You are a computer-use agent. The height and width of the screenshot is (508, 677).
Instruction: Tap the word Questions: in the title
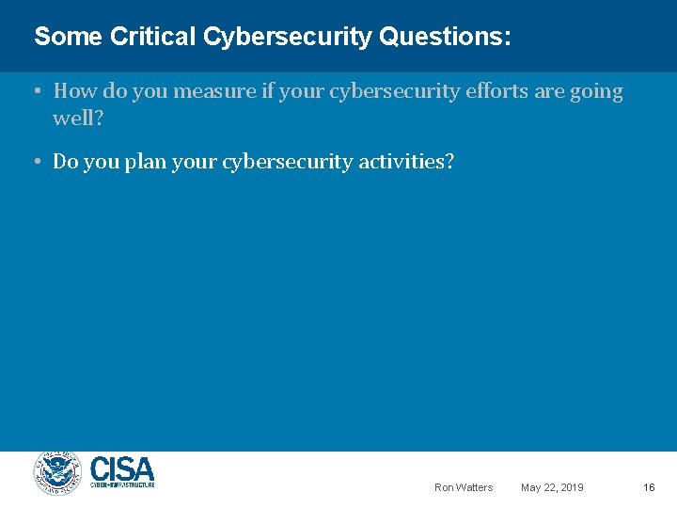point(445,38)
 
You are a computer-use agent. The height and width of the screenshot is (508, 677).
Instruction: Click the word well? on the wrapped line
point(78,119)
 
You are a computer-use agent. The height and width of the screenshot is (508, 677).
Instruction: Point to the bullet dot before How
point(34,91)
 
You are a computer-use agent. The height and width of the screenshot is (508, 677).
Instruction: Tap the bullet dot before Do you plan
point(34,162)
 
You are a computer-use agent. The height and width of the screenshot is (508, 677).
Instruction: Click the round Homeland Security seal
point(58,474)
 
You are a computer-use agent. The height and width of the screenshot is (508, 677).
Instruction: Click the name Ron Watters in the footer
point(463,487)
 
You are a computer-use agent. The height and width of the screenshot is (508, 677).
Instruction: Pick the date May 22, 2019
point(552,487)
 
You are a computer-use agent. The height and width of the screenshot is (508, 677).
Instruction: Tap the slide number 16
point(649,487)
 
